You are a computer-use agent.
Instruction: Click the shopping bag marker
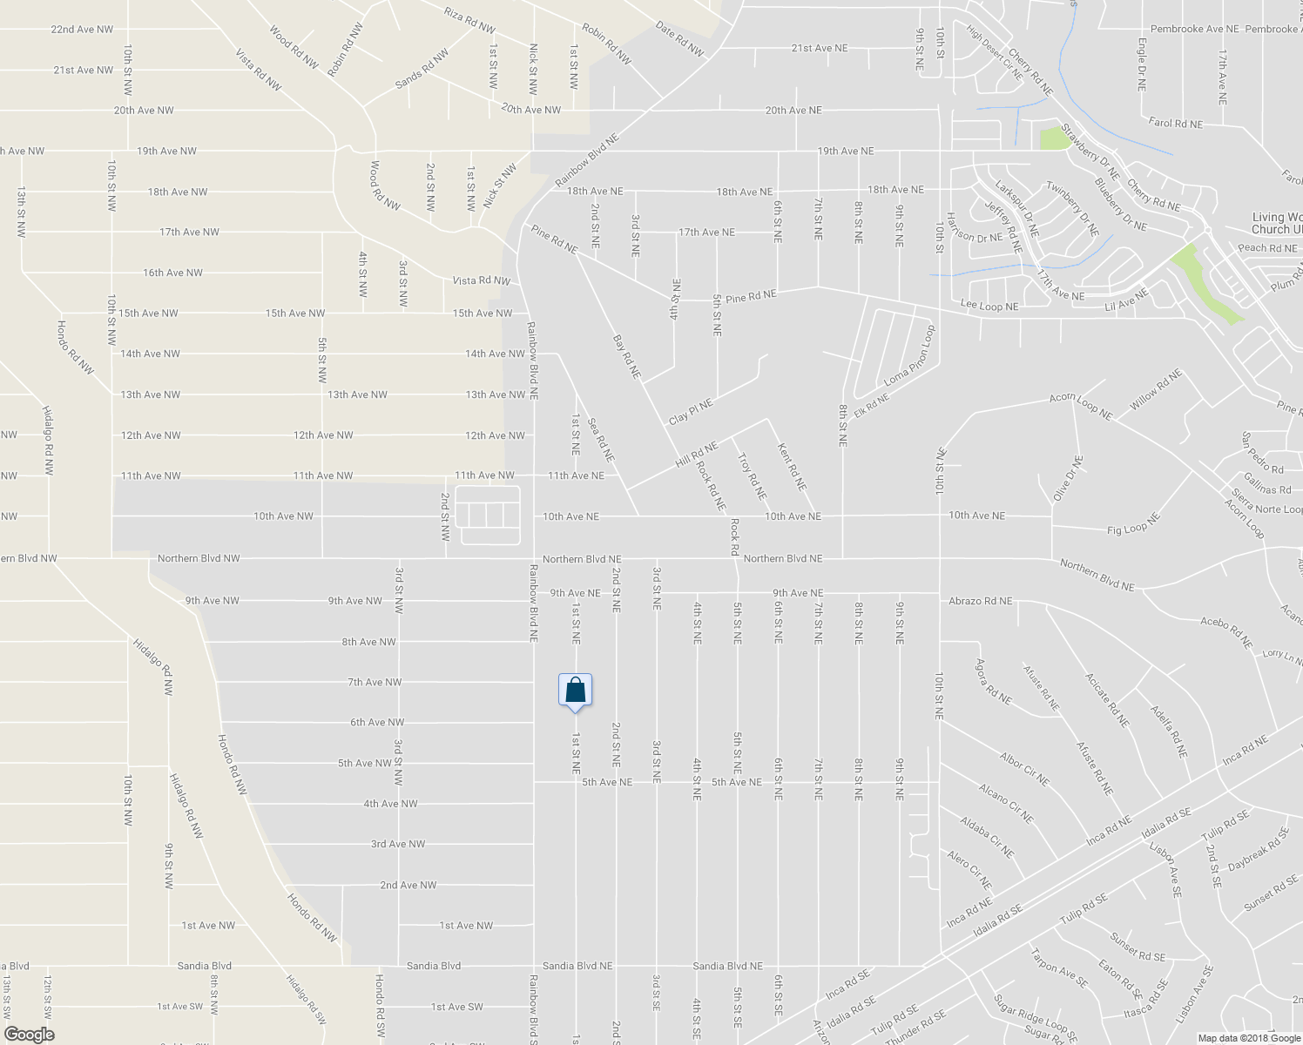(x=575, y=691)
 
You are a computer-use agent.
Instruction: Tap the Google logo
(x=29, y=1035)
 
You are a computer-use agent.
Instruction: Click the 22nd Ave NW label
(x=82, y=30)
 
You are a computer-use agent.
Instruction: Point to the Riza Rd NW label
(x=469, y=20)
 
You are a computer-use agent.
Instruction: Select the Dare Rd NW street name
(x=679, y=39)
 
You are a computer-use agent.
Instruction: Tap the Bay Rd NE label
(x=626, y=356)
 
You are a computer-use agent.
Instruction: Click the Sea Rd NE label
(x=601, y=440)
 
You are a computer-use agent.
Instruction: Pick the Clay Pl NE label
(x=691, y=411)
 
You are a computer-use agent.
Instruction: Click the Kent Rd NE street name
(x=792, y=466)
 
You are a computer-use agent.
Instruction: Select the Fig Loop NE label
(x=1134, y=525)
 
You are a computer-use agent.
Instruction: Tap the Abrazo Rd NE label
(x=981, y=601)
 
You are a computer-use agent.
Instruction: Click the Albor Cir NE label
(x=1024, y=769)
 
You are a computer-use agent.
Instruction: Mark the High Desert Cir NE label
(x=994, y=52)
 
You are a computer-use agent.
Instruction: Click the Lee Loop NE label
(x=989, y=307)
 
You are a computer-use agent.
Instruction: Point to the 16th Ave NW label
(x=172, y=273)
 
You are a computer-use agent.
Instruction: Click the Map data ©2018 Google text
(x=1248, y=1038)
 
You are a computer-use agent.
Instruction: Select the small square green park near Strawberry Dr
(x=1054, y=138)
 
